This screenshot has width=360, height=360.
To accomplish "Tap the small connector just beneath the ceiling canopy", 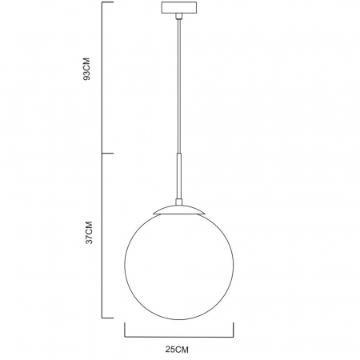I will tap(178, 17).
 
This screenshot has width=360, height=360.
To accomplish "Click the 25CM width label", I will tap(178, 350).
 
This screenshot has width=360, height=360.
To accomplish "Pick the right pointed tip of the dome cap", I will tap(206, 214).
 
